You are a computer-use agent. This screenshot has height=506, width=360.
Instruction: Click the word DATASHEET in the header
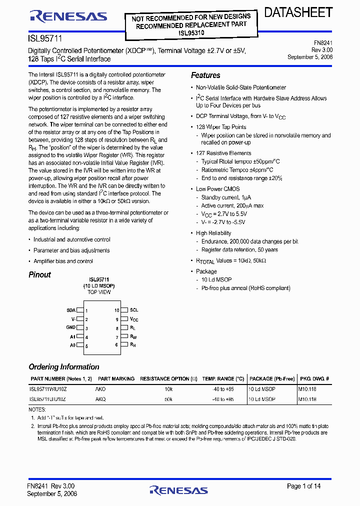point(298,13)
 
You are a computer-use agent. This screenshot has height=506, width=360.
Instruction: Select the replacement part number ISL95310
point(191,33)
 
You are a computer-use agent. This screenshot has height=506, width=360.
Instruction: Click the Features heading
point(205,75)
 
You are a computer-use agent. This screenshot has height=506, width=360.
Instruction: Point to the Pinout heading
point(39,274)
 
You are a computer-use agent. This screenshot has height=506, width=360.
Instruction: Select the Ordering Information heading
point(63,366)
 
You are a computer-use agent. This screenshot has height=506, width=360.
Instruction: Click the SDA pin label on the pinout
point(71,310)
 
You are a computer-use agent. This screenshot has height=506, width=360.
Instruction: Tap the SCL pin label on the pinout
point(134,310)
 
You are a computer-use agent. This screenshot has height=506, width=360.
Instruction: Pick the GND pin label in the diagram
point(71,327)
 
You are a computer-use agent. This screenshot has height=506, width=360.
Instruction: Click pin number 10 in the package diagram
point(116,310)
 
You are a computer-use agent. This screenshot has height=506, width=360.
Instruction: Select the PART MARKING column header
point(116,379)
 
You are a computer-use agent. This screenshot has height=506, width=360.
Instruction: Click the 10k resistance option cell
point(168,388)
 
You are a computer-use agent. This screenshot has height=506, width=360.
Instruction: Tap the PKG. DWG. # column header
point(313,379)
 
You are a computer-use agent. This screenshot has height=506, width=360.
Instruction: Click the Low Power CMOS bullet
point(217,189)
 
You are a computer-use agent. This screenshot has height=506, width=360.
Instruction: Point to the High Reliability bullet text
point(213,233)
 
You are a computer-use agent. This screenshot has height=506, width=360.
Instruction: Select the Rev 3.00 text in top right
point(322,50)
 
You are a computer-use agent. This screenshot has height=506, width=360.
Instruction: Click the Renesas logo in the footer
point(179,489)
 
